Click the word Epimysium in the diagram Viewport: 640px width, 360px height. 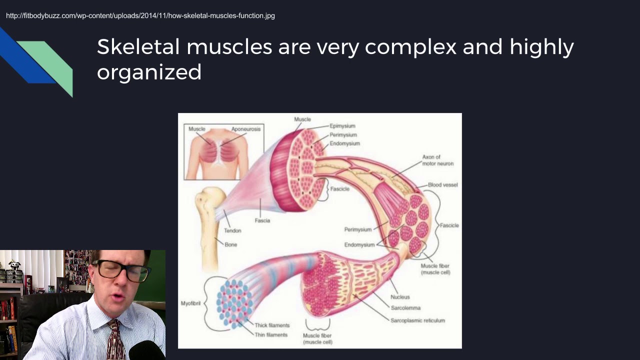342,126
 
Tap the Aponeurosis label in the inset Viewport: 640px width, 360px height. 245,129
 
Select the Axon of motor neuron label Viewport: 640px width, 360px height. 437,160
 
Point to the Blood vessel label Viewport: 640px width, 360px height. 442,185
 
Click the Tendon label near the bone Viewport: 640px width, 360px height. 232,230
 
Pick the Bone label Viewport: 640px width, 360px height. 231,244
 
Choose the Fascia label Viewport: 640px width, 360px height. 262,220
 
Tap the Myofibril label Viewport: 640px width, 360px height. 190,303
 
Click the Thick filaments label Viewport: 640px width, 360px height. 272,325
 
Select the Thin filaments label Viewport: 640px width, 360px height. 271,335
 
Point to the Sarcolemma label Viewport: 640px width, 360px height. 405,308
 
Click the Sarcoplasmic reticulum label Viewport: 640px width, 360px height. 417,320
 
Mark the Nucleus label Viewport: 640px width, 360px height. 400,297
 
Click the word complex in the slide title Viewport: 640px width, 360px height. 410,47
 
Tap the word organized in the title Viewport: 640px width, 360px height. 149,72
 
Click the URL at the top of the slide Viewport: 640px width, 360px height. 140,15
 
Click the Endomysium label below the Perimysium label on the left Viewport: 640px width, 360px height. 359,245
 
